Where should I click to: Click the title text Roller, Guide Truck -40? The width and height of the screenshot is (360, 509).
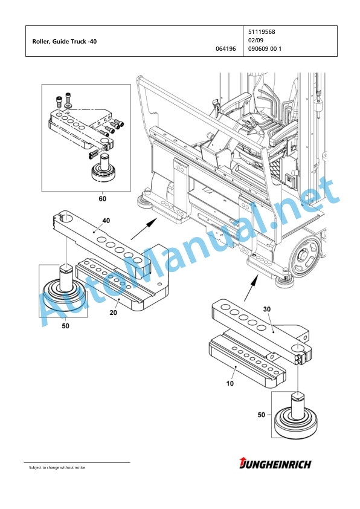64,42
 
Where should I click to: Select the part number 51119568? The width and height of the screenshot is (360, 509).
262,32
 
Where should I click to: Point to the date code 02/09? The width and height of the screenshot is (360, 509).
256,41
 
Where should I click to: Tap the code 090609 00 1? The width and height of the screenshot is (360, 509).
265,49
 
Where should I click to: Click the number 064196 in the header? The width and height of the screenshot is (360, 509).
226,49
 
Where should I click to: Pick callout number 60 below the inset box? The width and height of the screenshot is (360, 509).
103,198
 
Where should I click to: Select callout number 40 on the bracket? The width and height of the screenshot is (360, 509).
106,221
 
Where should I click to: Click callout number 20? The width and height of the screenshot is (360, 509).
113,313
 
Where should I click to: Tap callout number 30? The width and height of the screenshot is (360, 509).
266,309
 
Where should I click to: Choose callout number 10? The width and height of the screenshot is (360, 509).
230,383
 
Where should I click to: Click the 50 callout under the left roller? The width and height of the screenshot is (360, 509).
65,326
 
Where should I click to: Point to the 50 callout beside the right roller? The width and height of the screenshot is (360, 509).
262,415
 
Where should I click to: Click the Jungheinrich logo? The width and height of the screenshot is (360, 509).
275,464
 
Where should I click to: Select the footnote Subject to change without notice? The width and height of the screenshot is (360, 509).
57,467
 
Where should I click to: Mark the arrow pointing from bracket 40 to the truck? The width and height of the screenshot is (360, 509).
144,229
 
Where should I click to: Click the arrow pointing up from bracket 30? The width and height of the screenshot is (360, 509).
251,288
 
